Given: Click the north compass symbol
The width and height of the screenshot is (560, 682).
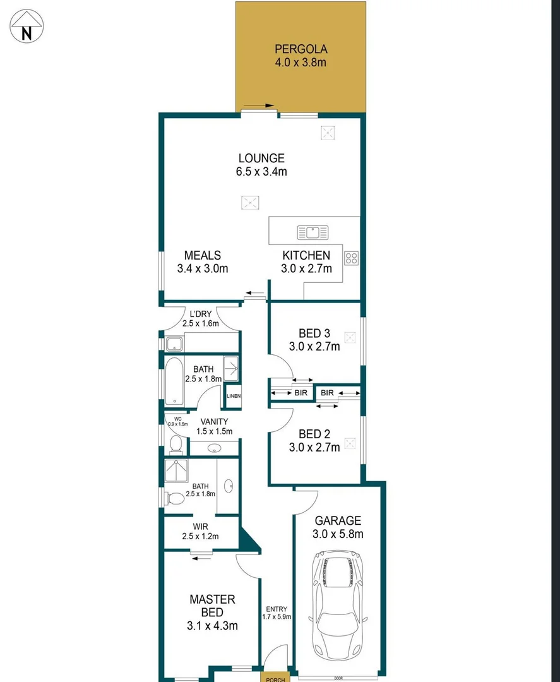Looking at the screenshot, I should (27, 27).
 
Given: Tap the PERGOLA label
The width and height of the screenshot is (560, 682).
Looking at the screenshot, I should (300, 49).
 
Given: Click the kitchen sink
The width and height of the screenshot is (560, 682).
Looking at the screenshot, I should (313, 232).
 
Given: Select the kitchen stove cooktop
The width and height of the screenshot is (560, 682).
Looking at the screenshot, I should (351, 258).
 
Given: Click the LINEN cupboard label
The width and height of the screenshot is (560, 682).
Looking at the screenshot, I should (234, 397).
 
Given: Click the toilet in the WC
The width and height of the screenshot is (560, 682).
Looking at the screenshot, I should (176, 445).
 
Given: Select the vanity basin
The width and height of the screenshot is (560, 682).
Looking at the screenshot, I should (214, 449).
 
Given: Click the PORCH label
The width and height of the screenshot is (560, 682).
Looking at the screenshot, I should (275, 679).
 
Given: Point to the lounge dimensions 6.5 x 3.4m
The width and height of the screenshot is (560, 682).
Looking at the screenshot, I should (261, 171).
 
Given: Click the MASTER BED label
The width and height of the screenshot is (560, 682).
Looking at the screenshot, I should (212, 606).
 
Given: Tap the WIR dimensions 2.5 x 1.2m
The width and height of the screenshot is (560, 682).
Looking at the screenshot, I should (200, 537).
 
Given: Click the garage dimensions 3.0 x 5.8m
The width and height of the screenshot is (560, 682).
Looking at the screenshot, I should (338, 534).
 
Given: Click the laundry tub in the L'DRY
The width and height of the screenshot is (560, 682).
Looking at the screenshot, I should (174, 345).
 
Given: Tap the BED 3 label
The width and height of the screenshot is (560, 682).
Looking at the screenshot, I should (314, 333).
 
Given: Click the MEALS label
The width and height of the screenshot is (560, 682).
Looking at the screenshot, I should (202, 255).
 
